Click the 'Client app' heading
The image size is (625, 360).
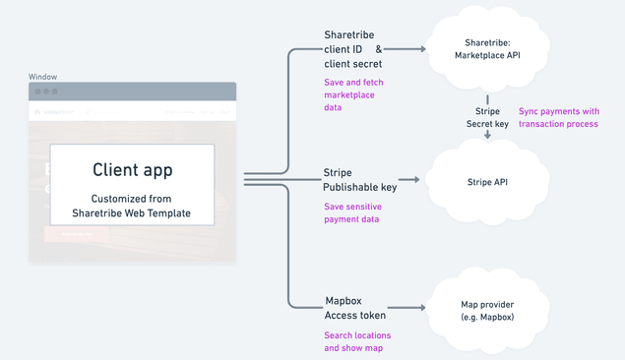click(x=132, y=170)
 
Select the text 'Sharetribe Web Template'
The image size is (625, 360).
click(x=132, y=212)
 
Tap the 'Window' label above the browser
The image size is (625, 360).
click(x=42, y=77)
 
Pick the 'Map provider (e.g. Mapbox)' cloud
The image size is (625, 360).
click(x=487, y=311)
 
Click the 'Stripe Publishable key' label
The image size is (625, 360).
click(x=359, y=180)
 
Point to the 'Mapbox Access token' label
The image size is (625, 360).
click(x=355, y=308)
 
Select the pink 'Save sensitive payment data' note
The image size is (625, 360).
click(x=352, y=212)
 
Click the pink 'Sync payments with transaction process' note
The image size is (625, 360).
click(x=558, y=118)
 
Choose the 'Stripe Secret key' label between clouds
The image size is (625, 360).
click(x=487, y=118)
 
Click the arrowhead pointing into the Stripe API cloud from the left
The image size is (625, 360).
click(x=416, y=180)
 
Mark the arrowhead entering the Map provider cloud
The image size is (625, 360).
click(x=421, y=308)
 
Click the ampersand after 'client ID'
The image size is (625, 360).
click(x=379, y=49)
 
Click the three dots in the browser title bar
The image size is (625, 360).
click(x=46, y=91)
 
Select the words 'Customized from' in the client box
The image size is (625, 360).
click(x=132, y=198)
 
